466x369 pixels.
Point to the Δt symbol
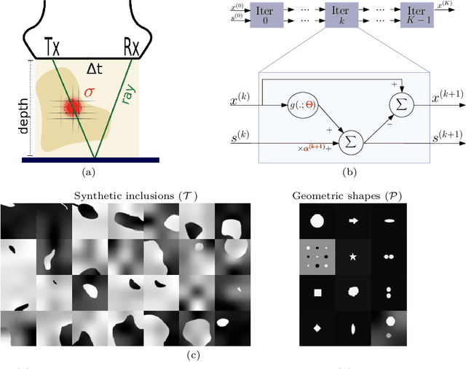(95, 69)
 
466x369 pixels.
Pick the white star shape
(354, 257)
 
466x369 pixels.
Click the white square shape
(317, 293)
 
